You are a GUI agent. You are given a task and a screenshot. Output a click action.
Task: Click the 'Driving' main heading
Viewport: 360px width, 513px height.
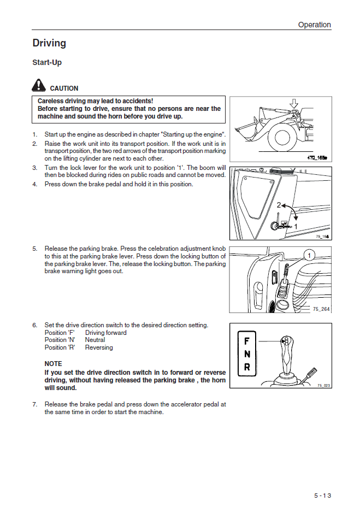(49, 43)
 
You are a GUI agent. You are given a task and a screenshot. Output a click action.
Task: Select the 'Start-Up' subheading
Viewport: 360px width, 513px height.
(47, 62)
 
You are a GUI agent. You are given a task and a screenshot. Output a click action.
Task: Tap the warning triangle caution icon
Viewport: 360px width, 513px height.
(39, 85)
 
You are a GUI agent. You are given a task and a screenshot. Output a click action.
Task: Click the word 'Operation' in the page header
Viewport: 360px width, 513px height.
(314, 25)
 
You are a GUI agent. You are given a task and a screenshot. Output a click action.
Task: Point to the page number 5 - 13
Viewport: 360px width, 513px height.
(322, 496)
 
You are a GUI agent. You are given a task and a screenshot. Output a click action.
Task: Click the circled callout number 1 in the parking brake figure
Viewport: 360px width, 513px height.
(309, 255)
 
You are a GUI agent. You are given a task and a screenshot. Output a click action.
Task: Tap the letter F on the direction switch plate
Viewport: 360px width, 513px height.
(247, 342)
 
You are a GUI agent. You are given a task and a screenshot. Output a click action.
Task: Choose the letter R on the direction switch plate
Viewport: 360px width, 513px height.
(247, 367)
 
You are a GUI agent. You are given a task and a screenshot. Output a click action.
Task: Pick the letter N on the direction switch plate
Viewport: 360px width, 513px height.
(247, 355)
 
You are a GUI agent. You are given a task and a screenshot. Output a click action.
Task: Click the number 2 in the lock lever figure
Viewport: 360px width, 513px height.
(279, 205)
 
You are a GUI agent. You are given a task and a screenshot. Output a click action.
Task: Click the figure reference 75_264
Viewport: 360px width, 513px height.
(321, 309)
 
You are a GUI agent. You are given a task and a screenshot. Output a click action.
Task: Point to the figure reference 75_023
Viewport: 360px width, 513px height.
(323, 385)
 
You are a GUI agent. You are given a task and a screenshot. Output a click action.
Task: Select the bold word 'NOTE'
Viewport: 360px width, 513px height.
(53, 364)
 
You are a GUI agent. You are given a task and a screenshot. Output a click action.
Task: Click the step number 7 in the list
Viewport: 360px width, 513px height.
(34, 405)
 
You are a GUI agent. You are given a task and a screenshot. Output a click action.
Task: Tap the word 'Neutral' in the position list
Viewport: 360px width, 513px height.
(95, 340)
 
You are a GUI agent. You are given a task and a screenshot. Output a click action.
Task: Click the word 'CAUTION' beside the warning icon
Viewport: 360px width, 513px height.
(64, 89)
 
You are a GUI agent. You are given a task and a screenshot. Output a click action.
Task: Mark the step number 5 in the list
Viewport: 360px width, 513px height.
(34, 249)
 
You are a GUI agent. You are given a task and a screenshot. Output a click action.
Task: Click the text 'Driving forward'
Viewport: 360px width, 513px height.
(105, 333)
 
